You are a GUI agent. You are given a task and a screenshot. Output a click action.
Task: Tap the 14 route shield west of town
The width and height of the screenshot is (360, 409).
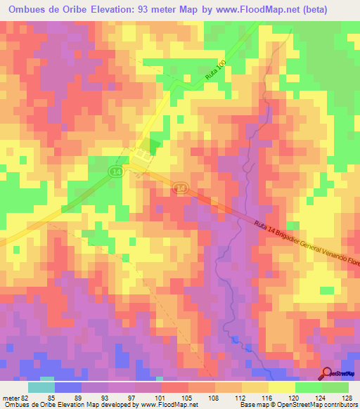point(115,171)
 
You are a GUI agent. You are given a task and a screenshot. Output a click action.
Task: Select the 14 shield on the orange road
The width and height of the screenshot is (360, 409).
point(181,188)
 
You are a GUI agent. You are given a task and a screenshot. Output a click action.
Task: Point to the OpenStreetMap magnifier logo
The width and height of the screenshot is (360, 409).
point(327,373)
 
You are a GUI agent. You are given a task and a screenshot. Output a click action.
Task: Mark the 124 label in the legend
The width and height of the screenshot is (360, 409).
point(321,397)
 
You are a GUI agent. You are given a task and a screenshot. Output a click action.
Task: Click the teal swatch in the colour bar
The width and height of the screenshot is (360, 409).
point(41,387)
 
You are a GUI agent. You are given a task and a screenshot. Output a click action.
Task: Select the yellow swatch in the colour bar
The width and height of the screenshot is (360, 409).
point(281,387)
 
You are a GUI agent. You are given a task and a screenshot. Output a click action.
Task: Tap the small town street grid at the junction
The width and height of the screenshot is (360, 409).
point(143,154)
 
